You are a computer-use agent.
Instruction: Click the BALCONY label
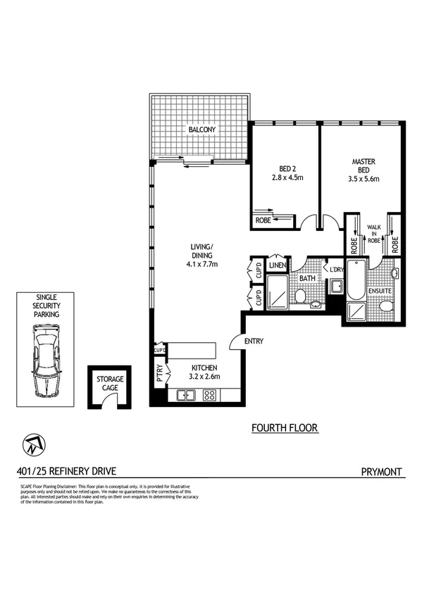201,130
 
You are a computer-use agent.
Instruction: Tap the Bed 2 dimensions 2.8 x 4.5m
287,179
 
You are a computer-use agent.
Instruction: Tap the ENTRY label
254,341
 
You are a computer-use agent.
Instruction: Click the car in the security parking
45,366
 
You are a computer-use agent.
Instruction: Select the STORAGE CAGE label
108,384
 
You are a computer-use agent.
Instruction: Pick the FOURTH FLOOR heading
285,427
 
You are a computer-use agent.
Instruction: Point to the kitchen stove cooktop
209,396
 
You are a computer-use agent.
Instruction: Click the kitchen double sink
187,396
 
